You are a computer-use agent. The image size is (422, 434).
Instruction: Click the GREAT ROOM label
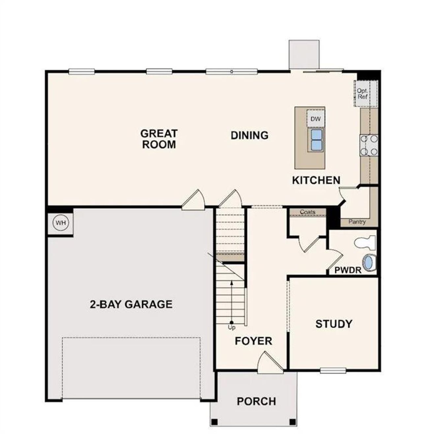159,139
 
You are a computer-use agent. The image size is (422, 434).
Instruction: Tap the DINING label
249,135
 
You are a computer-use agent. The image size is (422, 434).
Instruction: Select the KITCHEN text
316,180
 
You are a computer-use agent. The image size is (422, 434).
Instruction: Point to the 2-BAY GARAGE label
131,304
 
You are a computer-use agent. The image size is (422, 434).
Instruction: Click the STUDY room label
334,324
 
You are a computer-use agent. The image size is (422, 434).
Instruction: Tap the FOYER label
253,341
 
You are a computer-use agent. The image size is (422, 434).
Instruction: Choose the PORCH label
256,401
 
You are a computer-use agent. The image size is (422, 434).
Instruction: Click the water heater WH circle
61,223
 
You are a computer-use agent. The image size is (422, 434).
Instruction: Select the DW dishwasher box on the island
316,119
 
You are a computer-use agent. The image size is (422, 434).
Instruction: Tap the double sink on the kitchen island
316,139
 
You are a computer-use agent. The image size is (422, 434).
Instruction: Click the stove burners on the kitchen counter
369,145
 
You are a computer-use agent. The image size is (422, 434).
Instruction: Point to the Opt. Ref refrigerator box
362,94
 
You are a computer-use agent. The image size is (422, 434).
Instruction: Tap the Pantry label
357,222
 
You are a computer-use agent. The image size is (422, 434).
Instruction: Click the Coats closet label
307,212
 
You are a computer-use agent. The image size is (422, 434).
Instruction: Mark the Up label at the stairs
232,327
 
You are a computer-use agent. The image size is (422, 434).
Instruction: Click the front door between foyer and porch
270,363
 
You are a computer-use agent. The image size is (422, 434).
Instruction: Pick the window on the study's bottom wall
333,370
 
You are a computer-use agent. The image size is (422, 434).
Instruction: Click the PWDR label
348,270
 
